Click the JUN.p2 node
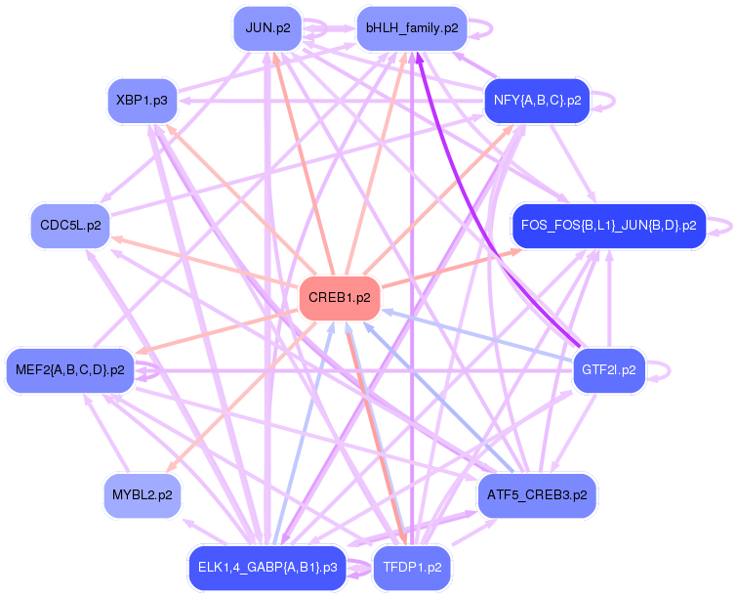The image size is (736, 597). point(267,28)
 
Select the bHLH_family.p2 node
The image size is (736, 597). point(411,28)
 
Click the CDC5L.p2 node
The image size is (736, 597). point(70,226)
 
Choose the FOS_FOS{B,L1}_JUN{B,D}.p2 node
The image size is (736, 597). point(608,226)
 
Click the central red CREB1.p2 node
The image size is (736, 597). point(339,298)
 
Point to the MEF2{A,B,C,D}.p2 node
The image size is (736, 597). point(70,370)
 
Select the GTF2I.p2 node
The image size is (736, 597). point(608,370)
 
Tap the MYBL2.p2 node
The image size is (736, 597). point(142,495)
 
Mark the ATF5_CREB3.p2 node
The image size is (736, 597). point(537,495)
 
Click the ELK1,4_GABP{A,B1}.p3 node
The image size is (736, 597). point(267,568)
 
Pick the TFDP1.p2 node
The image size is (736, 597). point(411,568)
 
